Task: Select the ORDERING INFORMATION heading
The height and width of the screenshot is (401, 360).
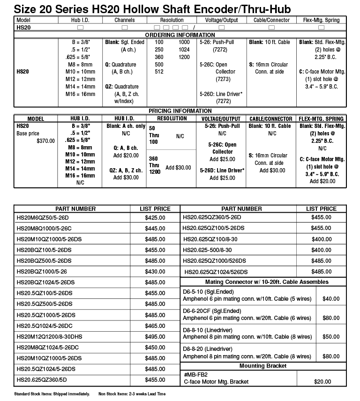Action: pyautogui.click(x=180, y=35)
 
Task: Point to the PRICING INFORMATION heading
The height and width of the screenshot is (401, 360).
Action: pyautogui.click(x=180, y=111)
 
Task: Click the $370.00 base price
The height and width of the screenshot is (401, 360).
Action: pyautogui.click(x=45, y=141)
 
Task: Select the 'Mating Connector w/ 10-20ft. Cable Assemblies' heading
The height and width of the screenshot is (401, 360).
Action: pyautogui.click(x=267, y=282)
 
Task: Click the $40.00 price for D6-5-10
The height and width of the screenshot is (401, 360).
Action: pyautogui.click(x=331, y=298)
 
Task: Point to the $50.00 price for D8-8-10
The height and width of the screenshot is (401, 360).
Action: pyautogui.click(x=331, y=336)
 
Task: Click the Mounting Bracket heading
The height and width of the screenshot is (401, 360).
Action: pyautogui.click(x=263, y=365)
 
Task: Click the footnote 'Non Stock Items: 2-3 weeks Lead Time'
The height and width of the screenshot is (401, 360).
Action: pyautogui.click(x=132, y=394)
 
